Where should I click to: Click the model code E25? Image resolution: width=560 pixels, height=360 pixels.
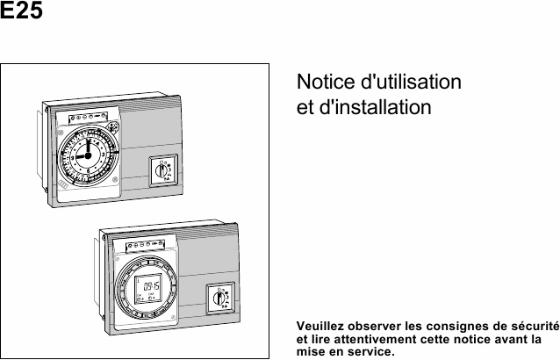(x=21, y=10)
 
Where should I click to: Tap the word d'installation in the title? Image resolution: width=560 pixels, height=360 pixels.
(x=375, y=107)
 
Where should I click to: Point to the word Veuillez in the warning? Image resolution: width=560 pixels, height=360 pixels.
(x=320, y=326)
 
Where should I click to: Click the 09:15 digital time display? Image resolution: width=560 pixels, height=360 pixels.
(x=152, y=286)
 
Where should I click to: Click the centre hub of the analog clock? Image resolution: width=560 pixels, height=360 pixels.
(x=88, y=155)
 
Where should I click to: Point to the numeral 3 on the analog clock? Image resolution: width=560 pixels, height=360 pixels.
(x=104, y=155)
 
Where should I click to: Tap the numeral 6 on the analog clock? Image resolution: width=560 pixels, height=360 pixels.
(x=88, y=171)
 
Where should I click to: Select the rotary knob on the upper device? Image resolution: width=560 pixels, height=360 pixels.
(x=162, y=171)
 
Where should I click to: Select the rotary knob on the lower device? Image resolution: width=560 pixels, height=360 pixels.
(x=219, y=298)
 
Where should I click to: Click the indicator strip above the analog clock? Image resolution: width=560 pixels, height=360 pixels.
(x=88, y=117)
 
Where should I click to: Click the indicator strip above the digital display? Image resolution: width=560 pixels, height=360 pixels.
(x=145, y=245)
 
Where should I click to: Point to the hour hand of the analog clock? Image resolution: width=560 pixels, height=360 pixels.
(x=82, y=156)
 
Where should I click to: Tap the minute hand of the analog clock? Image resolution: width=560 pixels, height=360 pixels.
(x=89, y=148)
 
